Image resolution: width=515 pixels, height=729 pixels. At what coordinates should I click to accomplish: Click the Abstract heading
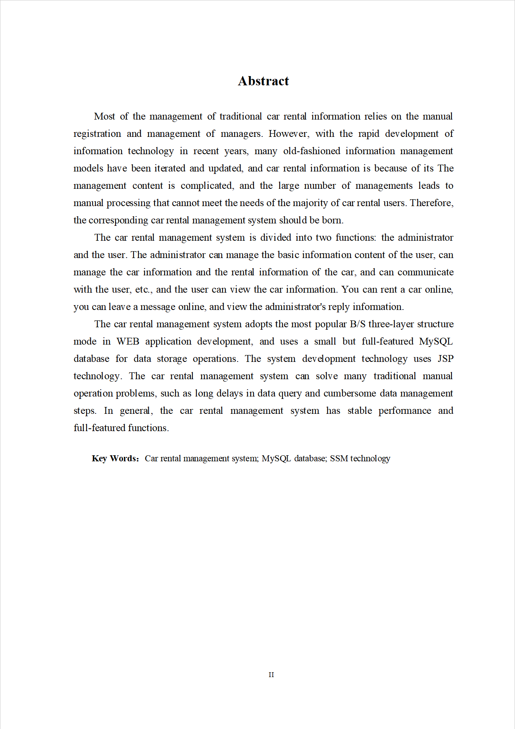(x=263, y=81)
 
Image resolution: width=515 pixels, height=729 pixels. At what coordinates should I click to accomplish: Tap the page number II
(x=271, y=675)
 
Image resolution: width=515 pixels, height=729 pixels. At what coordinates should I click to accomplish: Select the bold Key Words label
(x=115, y=458)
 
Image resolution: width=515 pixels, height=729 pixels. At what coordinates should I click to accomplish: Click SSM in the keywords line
(x=339, y=458)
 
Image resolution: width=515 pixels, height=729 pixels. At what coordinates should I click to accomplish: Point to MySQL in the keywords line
(x=276, y=458)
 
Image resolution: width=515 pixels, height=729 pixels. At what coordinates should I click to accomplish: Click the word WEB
(x=128, y=341)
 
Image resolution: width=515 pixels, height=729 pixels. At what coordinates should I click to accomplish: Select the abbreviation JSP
(x=445, y=359)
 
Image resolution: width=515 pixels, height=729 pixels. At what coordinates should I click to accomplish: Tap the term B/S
(x=358, y=324)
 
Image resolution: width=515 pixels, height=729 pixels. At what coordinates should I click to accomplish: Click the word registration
(x=97, y=134)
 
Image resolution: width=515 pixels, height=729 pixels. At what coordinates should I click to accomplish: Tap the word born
(x=332, y=220)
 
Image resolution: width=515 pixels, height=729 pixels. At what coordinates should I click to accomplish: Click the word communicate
(x=425, y=272)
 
